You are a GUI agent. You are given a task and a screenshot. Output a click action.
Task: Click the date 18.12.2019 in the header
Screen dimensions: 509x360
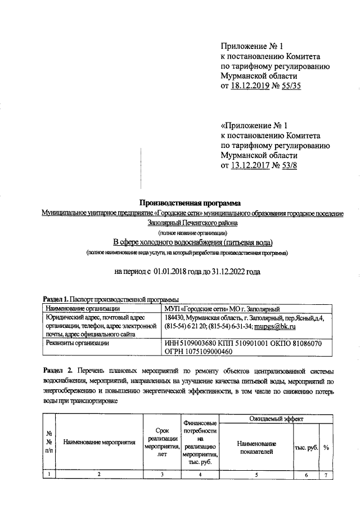point(253,85)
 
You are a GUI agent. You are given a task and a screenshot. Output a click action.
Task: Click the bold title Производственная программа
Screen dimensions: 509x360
point(190,202)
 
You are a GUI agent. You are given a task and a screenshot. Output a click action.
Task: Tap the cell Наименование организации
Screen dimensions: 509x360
point(82,308)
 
